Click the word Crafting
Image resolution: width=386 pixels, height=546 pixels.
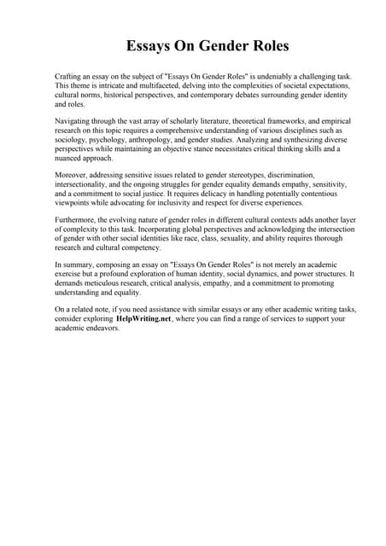point(68,78)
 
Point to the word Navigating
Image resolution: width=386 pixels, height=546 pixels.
point(73,122)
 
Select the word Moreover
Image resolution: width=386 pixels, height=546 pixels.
point(71,175)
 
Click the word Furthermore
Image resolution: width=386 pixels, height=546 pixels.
point(76,219)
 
